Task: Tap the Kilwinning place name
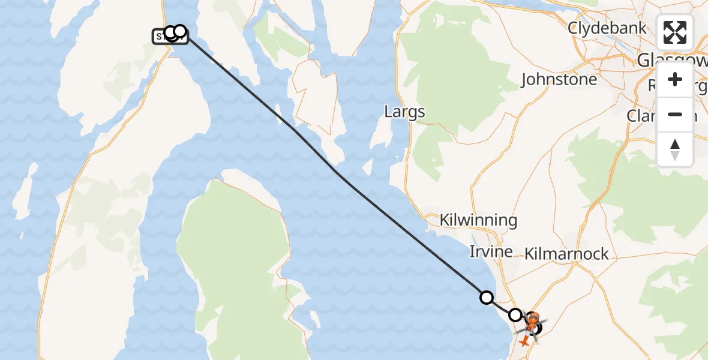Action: [x=478, y=220]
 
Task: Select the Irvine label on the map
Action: [x=491, y=251]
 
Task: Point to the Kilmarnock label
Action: [x=566, y=254]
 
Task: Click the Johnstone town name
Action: [x=559, y=80]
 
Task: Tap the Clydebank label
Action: [x=607, y=28]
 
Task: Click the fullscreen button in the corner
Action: [x=675, y=32]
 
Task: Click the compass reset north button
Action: [x=675, y=149]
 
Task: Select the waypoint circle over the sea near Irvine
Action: [x=487, y=297]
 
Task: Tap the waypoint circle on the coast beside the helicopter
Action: [x=515, y=314]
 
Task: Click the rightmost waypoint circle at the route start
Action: [x=179, y=31]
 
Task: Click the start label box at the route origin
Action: [x=162, y=37]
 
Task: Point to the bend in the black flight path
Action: [x=337, y=174]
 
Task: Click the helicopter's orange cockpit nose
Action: [x=533, y=317]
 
